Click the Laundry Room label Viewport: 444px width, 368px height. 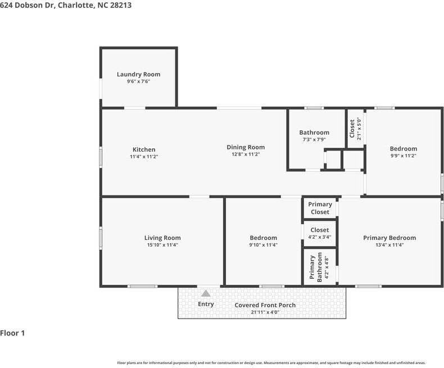138,74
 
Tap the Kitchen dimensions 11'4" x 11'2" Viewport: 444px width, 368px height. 144,157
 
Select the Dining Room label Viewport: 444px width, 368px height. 246,147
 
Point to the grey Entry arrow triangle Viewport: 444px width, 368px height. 206,293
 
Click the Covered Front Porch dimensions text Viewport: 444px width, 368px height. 265,312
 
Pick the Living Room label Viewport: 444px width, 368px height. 162,238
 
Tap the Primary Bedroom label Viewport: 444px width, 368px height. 389,238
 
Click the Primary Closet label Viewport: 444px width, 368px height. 320,208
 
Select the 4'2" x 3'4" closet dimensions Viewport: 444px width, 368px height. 320,237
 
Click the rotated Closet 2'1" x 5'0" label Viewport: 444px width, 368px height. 355,129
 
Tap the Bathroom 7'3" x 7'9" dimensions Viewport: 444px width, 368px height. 314,139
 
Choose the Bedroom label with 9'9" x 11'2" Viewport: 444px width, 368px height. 403,149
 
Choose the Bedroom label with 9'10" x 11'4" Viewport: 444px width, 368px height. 264,238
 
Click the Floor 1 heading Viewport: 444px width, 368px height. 12,333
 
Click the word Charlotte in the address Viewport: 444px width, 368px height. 75,5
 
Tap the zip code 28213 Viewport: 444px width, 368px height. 121,5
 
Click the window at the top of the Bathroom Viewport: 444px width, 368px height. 314,108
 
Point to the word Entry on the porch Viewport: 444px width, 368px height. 206,304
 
